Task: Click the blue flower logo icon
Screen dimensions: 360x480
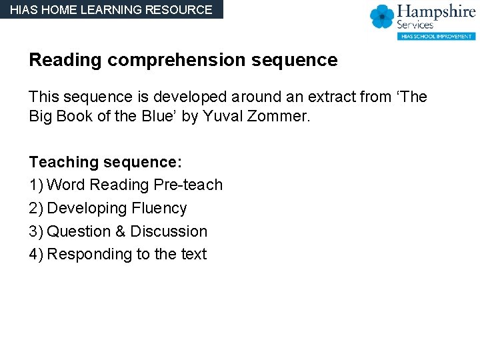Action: (382, 17)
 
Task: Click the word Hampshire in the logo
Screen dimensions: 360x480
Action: (436, 13)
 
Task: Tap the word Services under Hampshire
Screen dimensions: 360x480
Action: (415, 25)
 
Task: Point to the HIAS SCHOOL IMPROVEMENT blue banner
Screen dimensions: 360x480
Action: (436, 36)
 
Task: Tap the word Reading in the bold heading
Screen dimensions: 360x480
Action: (65, 61)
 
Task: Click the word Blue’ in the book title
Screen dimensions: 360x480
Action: (163, 117)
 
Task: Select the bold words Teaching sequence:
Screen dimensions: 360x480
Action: (105, 162)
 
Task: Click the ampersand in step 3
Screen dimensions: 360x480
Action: (119, 231)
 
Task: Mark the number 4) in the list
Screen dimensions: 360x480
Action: (36, 254)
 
